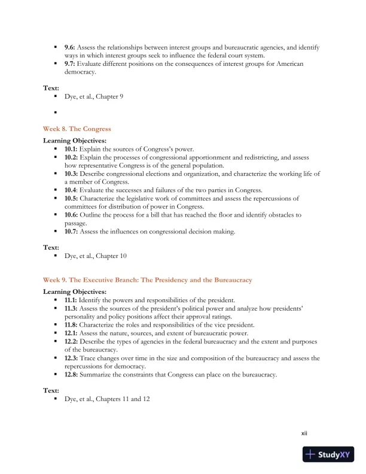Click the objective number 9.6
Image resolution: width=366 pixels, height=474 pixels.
click(x=71, y=47)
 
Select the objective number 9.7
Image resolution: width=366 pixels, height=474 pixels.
click(x=71, y=63)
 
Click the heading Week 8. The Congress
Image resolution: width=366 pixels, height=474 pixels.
click(x=77, y=129)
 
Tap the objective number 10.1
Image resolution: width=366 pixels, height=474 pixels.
click(x=72, y=148)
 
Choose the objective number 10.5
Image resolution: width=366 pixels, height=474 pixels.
click(x=72, y=198)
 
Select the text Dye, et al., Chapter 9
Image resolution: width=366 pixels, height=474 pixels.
click(x=94, y=96)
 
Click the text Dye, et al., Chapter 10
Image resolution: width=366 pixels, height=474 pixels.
click(x=96, y=256)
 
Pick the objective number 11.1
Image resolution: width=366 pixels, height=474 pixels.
click(x=72, y=300)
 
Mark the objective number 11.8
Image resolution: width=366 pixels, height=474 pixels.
click(x=72, y=324)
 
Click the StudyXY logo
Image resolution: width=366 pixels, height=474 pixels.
click(x=327, y=455)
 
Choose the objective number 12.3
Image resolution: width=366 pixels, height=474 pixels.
click(x=72, y=358)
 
